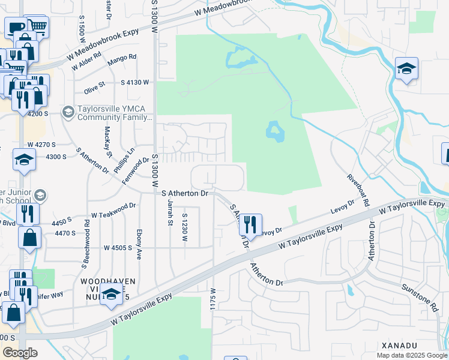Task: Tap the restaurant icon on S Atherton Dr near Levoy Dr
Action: coord(250,224)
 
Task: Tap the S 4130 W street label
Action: coord(135,82)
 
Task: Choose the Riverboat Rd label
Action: coord(358,187)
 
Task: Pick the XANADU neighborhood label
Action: coord(399,346)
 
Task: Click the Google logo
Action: coord(20,353)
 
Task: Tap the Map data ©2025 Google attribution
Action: coord(411,355)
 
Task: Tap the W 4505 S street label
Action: coord(118,247)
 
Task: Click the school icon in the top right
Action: coord(406,69)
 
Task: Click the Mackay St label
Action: coord(109,142)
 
